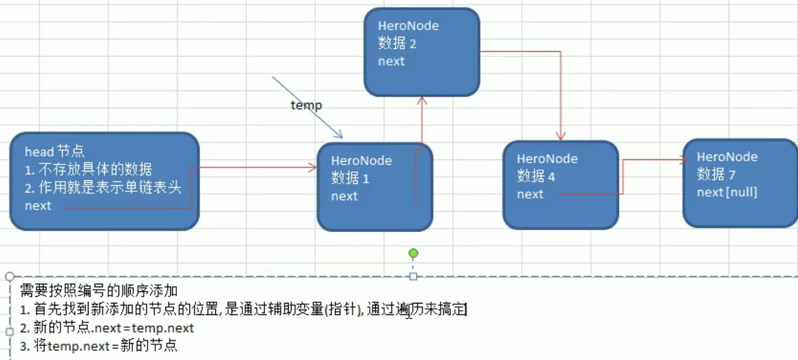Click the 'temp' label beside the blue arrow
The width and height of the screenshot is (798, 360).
[306, 105]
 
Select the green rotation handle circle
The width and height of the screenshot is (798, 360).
[413, 253]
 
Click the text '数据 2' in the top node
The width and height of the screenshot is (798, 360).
[397, 44]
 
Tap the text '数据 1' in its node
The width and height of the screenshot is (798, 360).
[350, 178]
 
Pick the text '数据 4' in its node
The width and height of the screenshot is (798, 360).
[536, 176]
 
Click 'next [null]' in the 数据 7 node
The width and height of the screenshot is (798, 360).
[727, 192]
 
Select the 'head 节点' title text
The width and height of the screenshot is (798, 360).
[54, 151]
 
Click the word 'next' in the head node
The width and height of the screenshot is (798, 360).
[38, 206]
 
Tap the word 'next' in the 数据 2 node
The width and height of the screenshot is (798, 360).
[392, 61]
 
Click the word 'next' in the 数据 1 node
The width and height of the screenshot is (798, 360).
[345, 196]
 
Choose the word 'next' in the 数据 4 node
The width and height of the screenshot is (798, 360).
[530, 194]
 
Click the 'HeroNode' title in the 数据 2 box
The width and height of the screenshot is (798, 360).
[409, 26]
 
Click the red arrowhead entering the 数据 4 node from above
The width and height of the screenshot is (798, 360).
[561, 136]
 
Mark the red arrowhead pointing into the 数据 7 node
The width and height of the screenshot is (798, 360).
[683, 161]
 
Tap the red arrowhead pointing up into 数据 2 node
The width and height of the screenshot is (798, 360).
[422, 99]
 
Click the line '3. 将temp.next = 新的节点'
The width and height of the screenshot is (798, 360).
[99, 346]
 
